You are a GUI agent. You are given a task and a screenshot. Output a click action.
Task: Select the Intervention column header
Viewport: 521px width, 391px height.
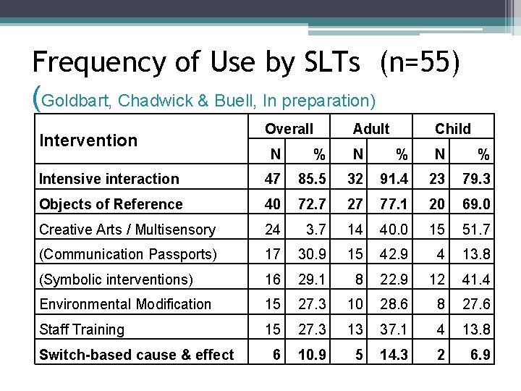tap(88, 140)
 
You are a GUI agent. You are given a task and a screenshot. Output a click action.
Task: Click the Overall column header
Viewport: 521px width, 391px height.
tap(289, 129)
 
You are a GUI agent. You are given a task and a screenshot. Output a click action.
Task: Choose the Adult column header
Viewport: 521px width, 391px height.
tap(371, 129)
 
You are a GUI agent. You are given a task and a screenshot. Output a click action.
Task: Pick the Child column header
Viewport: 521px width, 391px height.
tap(453, 129)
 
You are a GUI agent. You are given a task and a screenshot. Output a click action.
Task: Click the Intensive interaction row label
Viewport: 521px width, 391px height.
tap(109, 179)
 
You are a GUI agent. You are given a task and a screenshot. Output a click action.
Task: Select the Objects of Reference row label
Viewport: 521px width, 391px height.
tap(111, 204)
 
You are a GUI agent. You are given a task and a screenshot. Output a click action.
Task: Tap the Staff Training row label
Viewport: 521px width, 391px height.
tap(82, 329)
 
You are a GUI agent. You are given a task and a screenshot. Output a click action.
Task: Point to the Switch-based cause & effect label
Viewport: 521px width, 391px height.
tap(137, 355)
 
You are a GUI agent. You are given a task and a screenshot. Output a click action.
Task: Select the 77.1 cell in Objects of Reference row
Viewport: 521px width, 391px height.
tap(395, 204)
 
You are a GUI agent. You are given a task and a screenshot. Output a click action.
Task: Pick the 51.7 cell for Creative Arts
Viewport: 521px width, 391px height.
tap(477, 230)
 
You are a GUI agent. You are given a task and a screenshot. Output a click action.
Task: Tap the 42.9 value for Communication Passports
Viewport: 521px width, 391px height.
tap(395, 254)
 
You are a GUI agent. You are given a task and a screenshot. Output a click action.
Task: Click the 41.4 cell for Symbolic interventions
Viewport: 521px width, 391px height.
tap(477, 279)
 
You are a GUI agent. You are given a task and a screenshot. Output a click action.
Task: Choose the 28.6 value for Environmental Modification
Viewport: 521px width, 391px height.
tap(395, 304)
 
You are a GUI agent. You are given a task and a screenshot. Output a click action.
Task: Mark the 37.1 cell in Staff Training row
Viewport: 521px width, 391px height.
tap(395, 329)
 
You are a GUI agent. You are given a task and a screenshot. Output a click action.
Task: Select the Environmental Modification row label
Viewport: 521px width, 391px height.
tap(125, 304)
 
